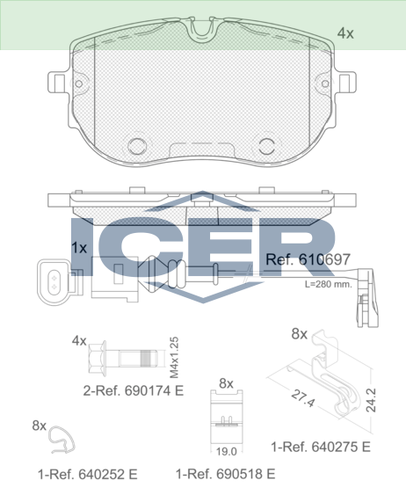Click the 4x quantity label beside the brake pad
[345, 33]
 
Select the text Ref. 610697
[308, 259]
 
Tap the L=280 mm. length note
[328, 284]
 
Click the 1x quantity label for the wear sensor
[79, 248]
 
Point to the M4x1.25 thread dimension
[174, 358]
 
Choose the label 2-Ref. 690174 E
[133, 391]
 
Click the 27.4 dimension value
[303, 398]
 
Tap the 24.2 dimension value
[372, 400]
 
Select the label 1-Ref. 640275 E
[321, 447]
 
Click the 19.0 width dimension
[226, 452]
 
